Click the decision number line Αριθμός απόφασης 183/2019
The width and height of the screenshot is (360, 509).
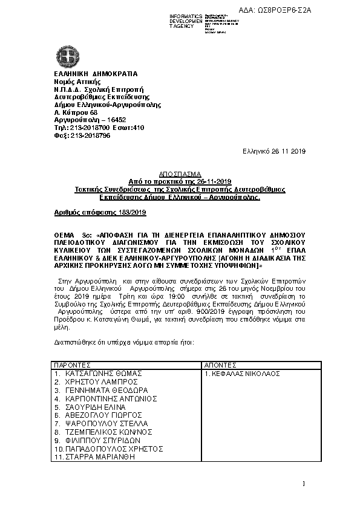96,213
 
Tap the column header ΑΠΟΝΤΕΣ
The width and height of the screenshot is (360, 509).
220,366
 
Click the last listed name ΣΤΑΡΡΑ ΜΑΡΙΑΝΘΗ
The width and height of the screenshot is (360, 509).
97,457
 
